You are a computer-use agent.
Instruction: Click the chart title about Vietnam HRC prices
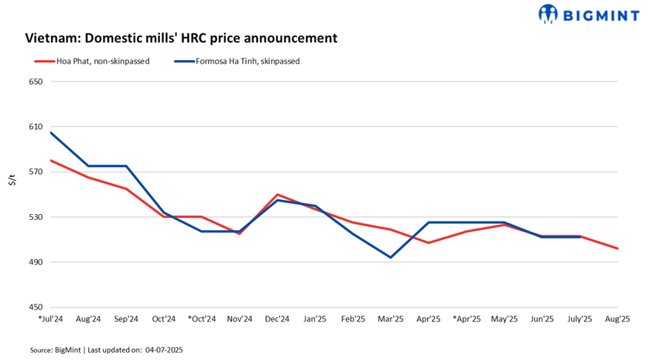[x=182, y=38]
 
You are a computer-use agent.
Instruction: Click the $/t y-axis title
[x=12, y=180]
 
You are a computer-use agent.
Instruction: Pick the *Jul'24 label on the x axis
[x=50, y=319]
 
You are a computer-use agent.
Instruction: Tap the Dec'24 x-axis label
[x=276, y=319]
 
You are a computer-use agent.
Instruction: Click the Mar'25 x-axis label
[x=390, y=319]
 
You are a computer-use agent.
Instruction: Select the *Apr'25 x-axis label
[x=467, y=319]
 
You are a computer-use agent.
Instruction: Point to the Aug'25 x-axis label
[x=617, y=319]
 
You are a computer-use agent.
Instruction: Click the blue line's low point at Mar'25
[x=390, y=258]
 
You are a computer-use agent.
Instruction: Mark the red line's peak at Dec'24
[x=276, y=195]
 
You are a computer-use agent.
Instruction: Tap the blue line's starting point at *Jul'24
[x=50, y=133]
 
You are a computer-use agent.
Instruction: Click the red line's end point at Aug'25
[x=617, y=248]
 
